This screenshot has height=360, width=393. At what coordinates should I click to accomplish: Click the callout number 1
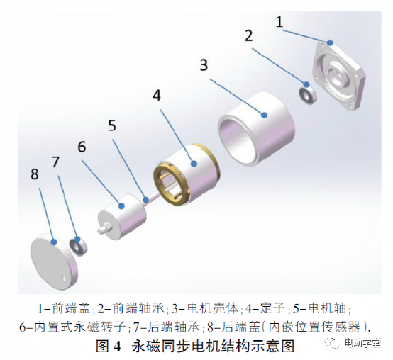pos(279,22)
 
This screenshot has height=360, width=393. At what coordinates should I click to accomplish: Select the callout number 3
pos(204,66)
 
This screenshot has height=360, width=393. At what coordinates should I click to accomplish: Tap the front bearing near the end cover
pos(307,93)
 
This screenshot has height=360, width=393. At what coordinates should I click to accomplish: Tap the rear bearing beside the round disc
pos(77,247)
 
